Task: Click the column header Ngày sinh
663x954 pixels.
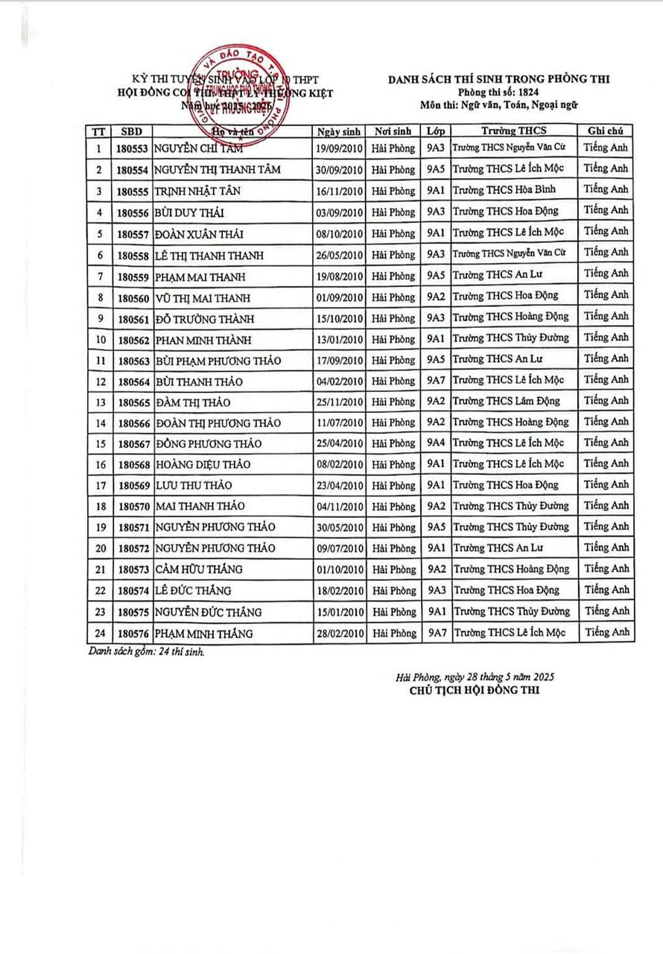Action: [339, 130]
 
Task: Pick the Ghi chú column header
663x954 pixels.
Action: [606, 130]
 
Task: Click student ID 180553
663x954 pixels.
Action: [133, 148]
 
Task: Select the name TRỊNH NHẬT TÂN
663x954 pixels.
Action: [197, 191]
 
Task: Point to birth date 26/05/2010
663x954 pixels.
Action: [339, 255]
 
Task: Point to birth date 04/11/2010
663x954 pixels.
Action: [339, 507]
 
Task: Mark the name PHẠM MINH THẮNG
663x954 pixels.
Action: [204, 634]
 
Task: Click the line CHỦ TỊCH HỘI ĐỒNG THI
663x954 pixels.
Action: [474, 690]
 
